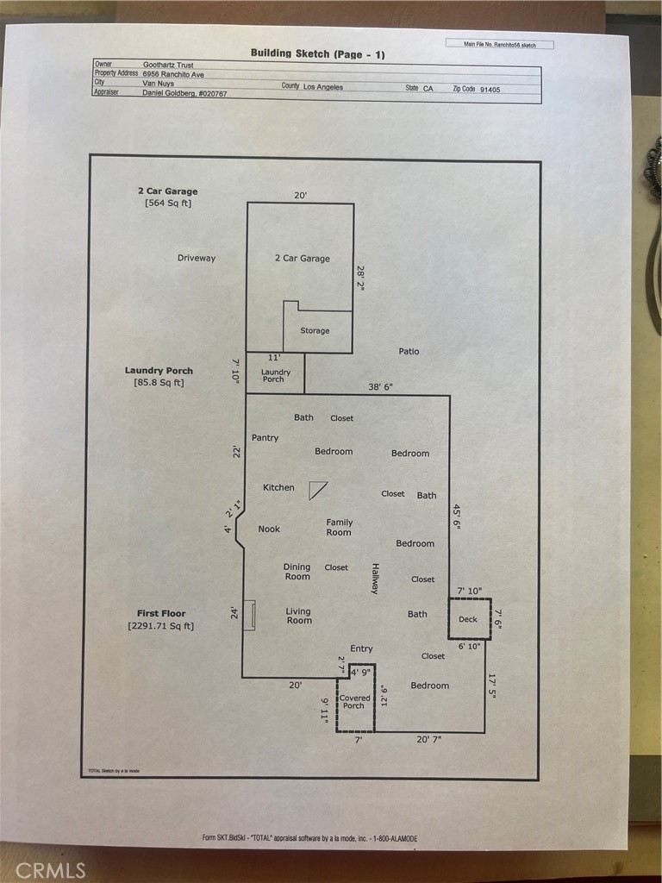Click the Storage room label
coord(315,330)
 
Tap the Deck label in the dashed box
coord(468,619)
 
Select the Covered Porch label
coord(354,702)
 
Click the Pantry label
coord(265,438)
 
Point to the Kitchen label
coord(278,488)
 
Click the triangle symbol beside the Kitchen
coord(318,490)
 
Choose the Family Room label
coord(339,528)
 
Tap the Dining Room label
coord(297,572)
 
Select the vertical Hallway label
coord(375,578)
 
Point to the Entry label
coord(361,648)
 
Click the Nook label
coord(269,529)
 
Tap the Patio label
coord(409,351)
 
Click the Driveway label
coord(197,258)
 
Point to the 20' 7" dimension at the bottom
coord(428,740)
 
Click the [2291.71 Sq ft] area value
coord(161,626)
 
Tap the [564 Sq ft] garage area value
coord(167,204)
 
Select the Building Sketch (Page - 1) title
coord(317,53)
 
